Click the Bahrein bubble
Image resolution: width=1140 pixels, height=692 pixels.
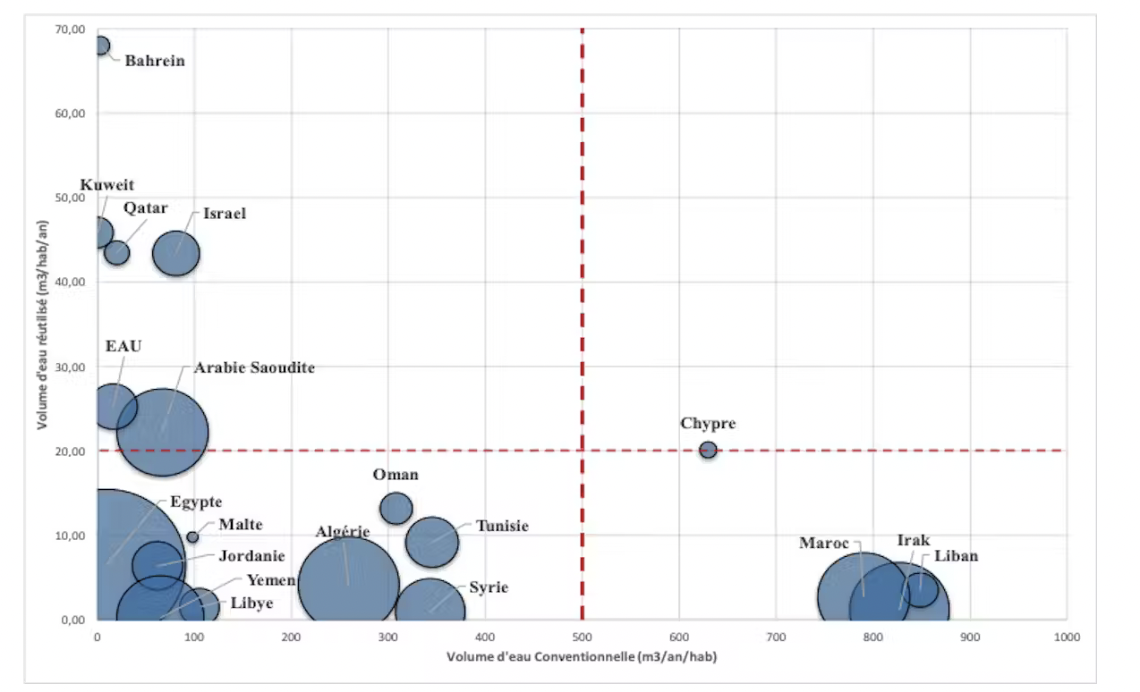point(101,45)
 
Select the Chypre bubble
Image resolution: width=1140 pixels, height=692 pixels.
point(708,450)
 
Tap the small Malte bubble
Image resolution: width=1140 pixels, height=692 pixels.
point(192,537)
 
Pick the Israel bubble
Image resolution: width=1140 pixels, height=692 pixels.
point(175,252)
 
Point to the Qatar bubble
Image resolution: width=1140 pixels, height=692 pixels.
point(117,253)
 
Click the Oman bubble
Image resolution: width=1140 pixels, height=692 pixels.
point(396,508)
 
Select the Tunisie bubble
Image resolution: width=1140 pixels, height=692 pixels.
point(431,542)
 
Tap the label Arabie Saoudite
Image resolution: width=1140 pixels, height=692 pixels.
point(254,367)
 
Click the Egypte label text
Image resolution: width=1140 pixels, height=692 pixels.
point(196,502)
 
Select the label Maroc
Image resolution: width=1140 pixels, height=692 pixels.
point(824,543)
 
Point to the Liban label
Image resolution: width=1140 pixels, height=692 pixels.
point(956,556)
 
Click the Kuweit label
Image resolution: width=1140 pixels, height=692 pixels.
point(107,185)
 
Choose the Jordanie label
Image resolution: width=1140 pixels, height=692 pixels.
point(251,556)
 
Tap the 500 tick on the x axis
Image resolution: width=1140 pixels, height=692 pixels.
point(582,637)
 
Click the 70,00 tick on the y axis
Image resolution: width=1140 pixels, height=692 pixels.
point(71,30)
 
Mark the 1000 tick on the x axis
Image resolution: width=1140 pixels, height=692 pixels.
point(1065,637)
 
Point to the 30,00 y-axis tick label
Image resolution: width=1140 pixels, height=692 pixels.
point(71,367)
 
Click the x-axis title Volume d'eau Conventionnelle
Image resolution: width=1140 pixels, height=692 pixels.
point(582,657)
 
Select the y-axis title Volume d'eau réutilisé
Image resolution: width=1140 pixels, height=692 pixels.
point(42,324)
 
